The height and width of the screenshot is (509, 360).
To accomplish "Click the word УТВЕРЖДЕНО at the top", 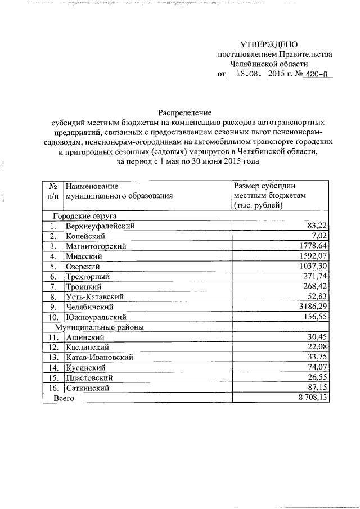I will [268, 44].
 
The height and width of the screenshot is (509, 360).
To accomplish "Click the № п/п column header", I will [52, 190].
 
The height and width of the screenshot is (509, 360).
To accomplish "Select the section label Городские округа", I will [84, 216].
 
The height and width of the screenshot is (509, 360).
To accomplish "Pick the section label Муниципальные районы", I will [98, 327].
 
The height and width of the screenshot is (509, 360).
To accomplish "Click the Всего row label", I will [64, 398].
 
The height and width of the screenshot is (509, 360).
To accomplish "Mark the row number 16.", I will [53, 388].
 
